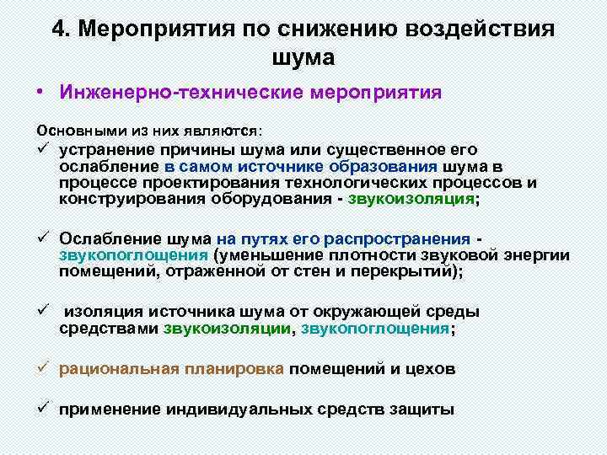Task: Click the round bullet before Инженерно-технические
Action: [x=40, y=92]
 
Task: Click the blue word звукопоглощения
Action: [x=375, y=329]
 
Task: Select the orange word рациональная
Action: [x=118, y=368]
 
